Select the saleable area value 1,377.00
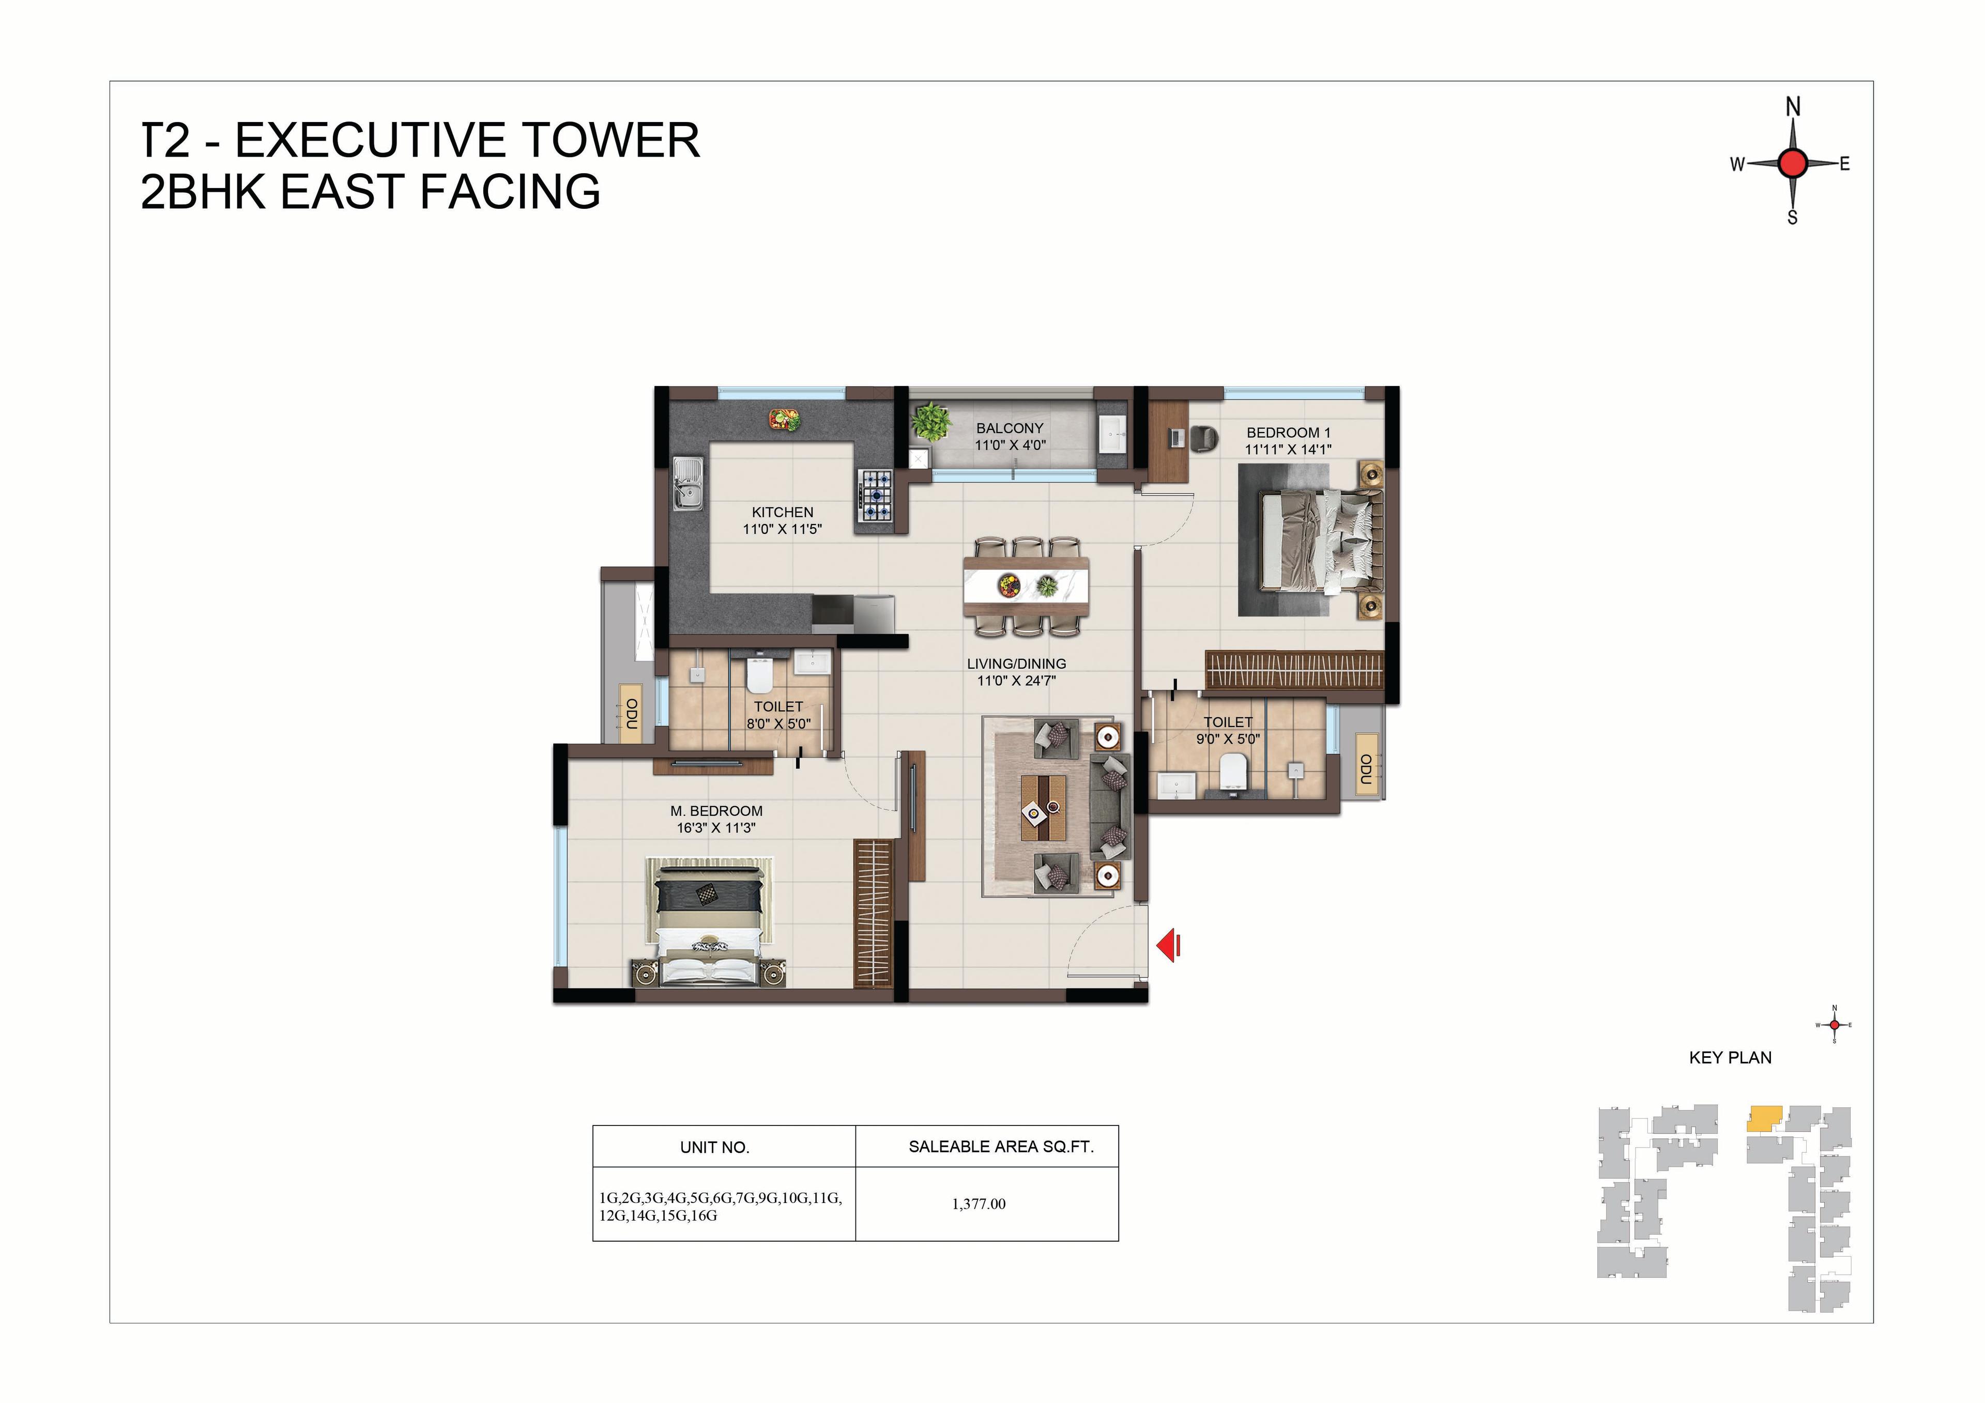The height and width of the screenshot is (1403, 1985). tap(979, 1204)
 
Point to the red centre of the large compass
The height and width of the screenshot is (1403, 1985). tap(1793, 162)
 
